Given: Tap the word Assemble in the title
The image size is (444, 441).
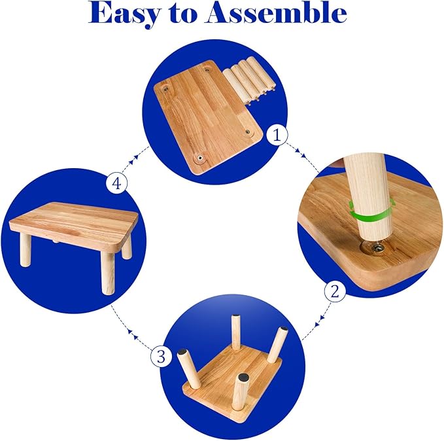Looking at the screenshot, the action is click(x=277, y=12).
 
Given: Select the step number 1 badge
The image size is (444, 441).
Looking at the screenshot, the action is click(x=277, y=135).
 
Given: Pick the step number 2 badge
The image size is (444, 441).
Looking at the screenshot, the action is click(x=335, y=291).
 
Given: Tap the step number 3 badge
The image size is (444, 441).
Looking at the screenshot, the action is click(x=161, y=356).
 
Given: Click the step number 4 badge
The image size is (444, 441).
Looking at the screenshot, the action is click(x=116, y=184).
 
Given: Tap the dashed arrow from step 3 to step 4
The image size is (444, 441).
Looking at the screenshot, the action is click(x=131, y=328).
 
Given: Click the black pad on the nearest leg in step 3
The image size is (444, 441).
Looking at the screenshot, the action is click(x=243, y=377).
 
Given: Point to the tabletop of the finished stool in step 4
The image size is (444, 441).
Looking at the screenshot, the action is click(x=74, y=224).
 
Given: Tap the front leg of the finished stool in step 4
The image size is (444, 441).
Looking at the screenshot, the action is click(x=108, y=272).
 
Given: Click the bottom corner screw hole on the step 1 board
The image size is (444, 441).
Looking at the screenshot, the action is click(x=200, y=157).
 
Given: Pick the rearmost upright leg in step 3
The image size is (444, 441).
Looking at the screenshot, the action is click(x=235, y=332).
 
